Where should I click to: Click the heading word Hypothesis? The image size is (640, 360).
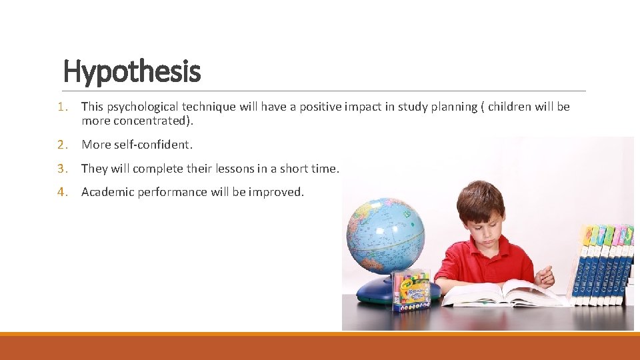[x=131, y=71]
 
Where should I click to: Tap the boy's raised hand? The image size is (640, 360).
[x=545, y=275]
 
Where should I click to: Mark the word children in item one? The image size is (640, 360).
[x=509, y=107]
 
